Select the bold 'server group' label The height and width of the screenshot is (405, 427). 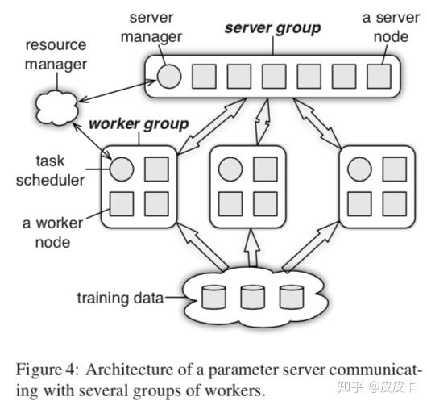pyautogui.click(x=272, y=29)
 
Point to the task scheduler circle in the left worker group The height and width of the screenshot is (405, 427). pyautogui.click(x=122, y=169)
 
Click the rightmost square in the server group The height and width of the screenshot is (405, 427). pyautogui.click(x=377, y=76)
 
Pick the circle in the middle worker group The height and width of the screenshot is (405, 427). pyautogui.click(x=229, y=169)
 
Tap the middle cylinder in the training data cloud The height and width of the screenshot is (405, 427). pyautogui.click(x=251, y=298)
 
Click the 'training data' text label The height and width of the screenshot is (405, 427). pyautogui.click(x=119, y=299)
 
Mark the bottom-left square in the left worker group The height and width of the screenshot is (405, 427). pyautogui.click(x=122, y=203)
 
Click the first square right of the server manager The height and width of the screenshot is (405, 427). pyautogui.click(x=202, y=76)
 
